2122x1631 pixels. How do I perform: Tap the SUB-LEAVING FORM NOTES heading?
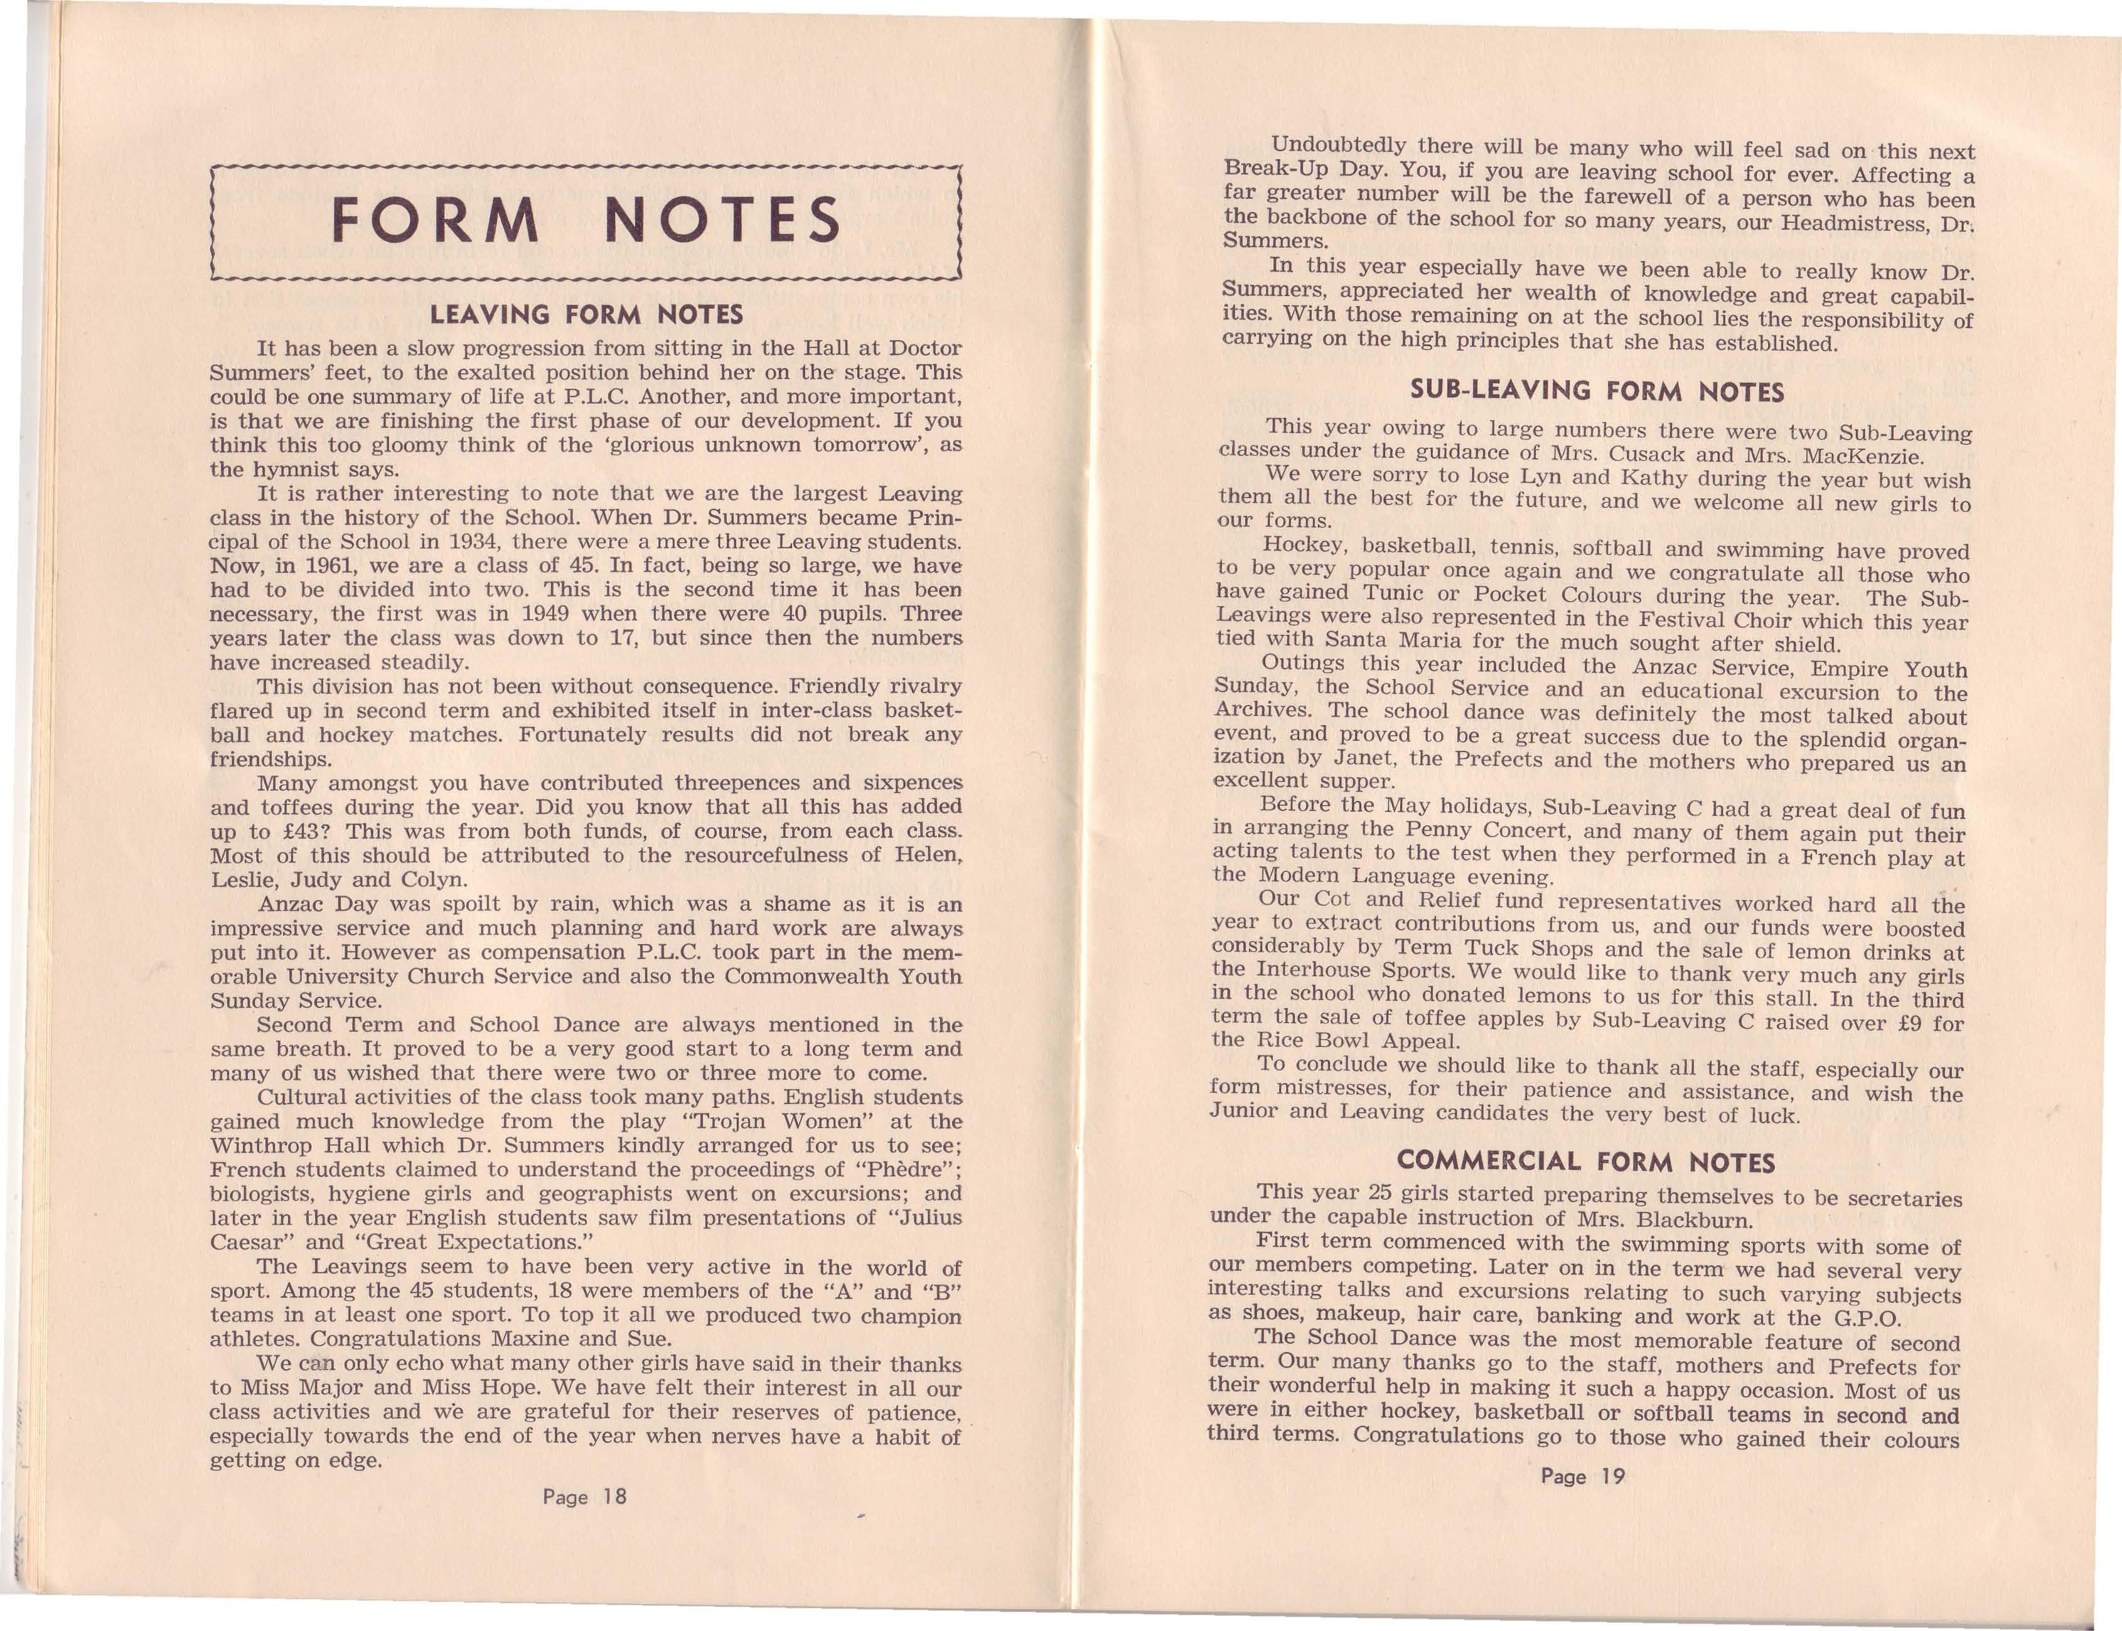[1597, 391]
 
